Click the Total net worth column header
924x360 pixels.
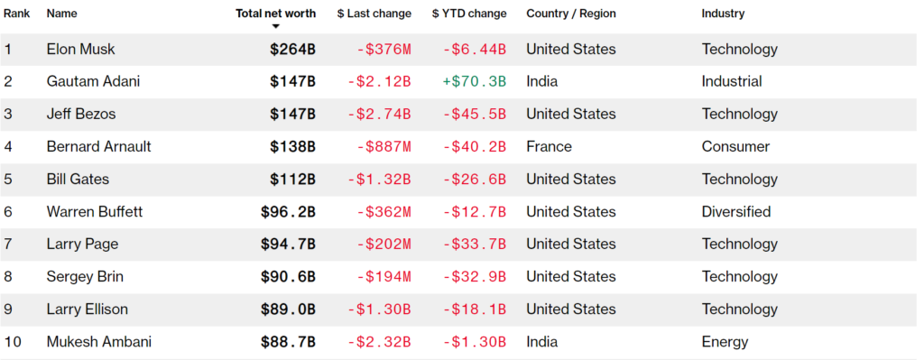(x=276, y=14)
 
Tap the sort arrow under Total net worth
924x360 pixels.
(x=276, y=26)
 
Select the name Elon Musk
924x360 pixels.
(x=80, y=50)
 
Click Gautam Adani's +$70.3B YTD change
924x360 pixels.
(x=475, y=81)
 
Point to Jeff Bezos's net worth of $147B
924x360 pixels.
(x=293, y=115)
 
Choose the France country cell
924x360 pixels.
(x=549, y=147)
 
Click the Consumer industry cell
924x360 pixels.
(x=735, y=147)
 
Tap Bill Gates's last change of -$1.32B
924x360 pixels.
(x=379, y=180)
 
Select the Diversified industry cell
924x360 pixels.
(x=736, y=211)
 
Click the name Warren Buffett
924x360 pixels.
(x=94, y=211)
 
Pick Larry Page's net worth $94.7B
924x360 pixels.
(x=288, y=244)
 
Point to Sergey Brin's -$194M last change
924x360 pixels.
(x=383, y=277)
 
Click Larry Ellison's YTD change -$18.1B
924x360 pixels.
(x=475, y=309)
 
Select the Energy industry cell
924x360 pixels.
(x=725, y=342)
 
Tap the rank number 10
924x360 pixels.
(x=12, y=342)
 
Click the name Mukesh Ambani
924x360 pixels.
(x=99, y=342)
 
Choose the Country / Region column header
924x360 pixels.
(x=571, y=14)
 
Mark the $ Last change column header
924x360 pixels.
(x=374, y=14)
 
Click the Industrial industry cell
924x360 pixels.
(x=731, y=81)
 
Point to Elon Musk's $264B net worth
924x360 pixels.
(x=293, y=50)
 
